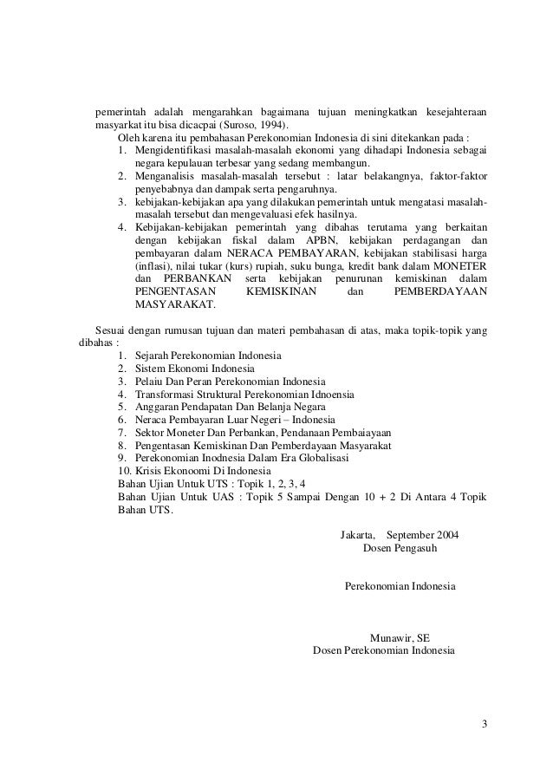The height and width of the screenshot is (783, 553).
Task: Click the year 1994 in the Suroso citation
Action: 271,126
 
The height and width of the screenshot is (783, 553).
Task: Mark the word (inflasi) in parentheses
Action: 155,264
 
